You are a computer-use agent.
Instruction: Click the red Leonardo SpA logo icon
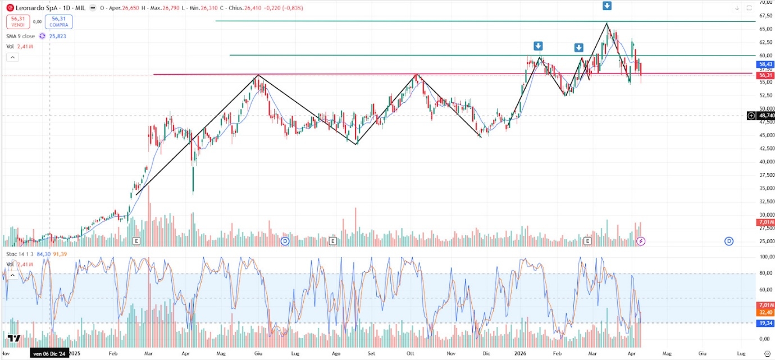10,8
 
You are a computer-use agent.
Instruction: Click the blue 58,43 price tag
765,65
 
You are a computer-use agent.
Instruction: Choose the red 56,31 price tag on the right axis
765,75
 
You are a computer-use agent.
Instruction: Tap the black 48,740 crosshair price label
765,116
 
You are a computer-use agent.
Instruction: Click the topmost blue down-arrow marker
607,6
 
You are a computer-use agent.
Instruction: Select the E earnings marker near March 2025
136,241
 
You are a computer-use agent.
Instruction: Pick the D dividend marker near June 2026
728,241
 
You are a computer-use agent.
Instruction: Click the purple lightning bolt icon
641,241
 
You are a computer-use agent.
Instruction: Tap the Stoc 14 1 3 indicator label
20,254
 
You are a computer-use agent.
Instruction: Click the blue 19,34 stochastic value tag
765,323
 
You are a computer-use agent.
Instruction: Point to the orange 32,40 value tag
765,312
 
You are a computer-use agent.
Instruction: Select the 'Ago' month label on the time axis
336,354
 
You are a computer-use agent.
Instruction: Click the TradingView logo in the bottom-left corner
14,338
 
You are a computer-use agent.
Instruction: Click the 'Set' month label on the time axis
372,354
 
